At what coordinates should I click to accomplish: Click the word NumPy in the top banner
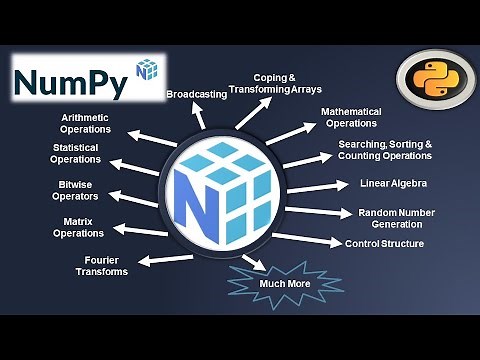point(72,82)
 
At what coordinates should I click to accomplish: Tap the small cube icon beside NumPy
point(148,70)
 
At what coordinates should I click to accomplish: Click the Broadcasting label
point(194,94)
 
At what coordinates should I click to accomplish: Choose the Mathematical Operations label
point(349,117)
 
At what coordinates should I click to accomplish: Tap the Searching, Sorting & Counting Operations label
point(385,151)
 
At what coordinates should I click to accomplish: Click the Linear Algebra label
point(393,183)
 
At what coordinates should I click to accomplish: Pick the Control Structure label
point(384,243)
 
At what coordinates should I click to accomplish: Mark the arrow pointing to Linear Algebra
point(321,187)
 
